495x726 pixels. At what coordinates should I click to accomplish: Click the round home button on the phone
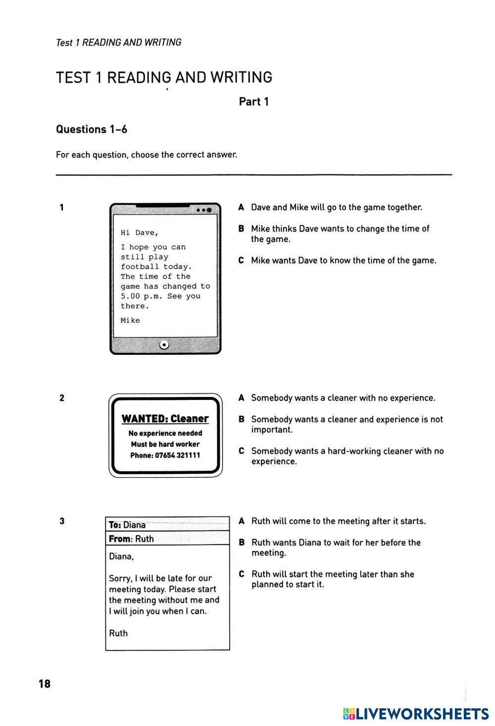click(x=164, y=345)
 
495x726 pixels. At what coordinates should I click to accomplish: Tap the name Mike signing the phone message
click(x=130, y=321)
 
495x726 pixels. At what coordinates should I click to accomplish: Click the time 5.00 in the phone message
click(x=130, y=296)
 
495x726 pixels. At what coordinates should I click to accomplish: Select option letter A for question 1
click(x=241, y=208)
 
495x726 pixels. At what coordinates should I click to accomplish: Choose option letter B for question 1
click(x=241, y=229)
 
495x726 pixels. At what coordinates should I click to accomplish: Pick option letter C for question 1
click(x=241, y=261)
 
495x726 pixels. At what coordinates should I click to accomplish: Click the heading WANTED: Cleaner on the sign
click(x=165, y=419)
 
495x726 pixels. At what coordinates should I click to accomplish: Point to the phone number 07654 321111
click(x=177, y=455)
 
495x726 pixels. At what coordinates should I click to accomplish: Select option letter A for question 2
click(x=241, y=398)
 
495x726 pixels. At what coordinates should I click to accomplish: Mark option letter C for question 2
click(x=241, y=451)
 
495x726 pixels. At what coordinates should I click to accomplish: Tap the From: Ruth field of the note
click(x=131, y=539)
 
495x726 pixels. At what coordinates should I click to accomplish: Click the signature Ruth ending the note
click(x=118, y=633)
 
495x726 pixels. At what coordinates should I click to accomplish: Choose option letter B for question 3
click(x=242, y=543)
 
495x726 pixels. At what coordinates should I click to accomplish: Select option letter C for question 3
click(x=242, y=574)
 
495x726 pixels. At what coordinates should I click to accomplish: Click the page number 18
click(x=45, y=684)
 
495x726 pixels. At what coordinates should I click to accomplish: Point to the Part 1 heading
click(x=254, y=102)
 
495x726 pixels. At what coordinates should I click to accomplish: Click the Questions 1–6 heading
click(x=92, y=129)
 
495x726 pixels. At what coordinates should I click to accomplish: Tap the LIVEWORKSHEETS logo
click(x=416, y=714)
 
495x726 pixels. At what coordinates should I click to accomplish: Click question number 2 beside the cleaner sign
click(x=62, y=398)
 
